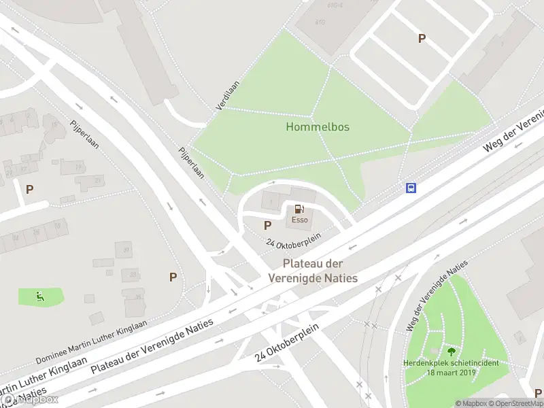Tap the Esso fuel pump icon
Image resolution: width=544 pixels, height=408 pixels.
pos(300,209)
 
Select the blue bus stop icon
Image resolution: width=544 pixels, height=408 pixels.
pos(411,188)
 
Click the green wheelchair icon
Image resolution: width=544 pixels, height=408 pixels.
pos(40,296)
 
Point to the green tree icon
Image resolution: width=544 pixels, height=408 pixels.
pos(451,352)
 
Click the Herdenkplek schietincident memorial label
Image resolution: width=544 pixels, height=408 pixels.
pos(450,368)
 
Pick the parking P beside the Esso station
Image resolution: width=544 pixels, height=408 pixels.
pos(267,225)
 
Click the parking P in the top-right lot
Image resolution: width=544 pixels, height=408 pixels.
pos(422,39)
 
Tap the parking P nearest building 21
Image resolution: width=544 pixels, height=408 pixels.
pos(29,189)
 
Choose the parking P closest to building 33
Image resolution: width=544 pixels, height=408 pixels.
pos(173,277)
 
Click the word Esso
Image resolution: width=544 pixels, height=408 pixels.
pos(300,220)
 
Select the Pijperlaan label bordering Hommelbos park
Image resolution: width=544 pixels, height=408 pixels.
pos(191,163)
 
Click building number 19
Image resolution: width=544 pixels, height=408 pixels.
pos(78,167)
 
